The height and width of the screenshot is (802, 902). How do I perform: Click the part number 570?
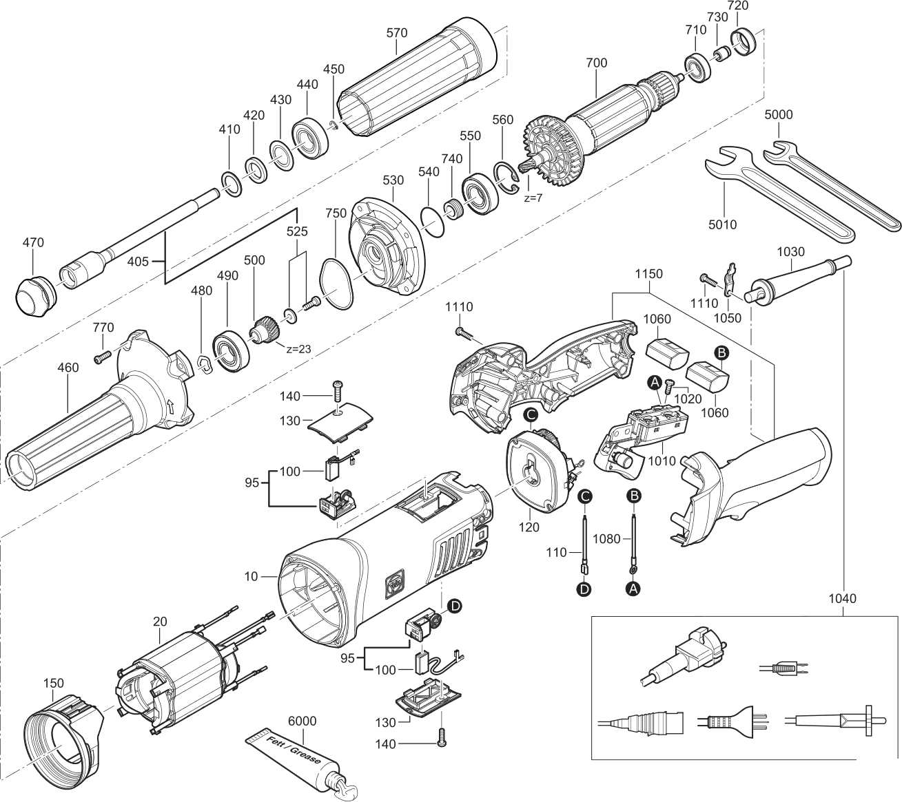point(396,32)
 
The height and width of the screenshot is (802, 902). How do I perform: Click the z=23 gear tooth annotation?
point(299,348)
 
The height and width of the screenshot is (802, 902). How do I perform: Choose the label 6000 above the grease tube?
point(302,721)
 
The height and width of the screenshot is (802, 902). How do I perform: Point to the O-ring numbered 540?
point(433,221)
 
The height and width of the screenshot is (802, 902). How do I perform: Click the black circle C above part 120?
point(530,414)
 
